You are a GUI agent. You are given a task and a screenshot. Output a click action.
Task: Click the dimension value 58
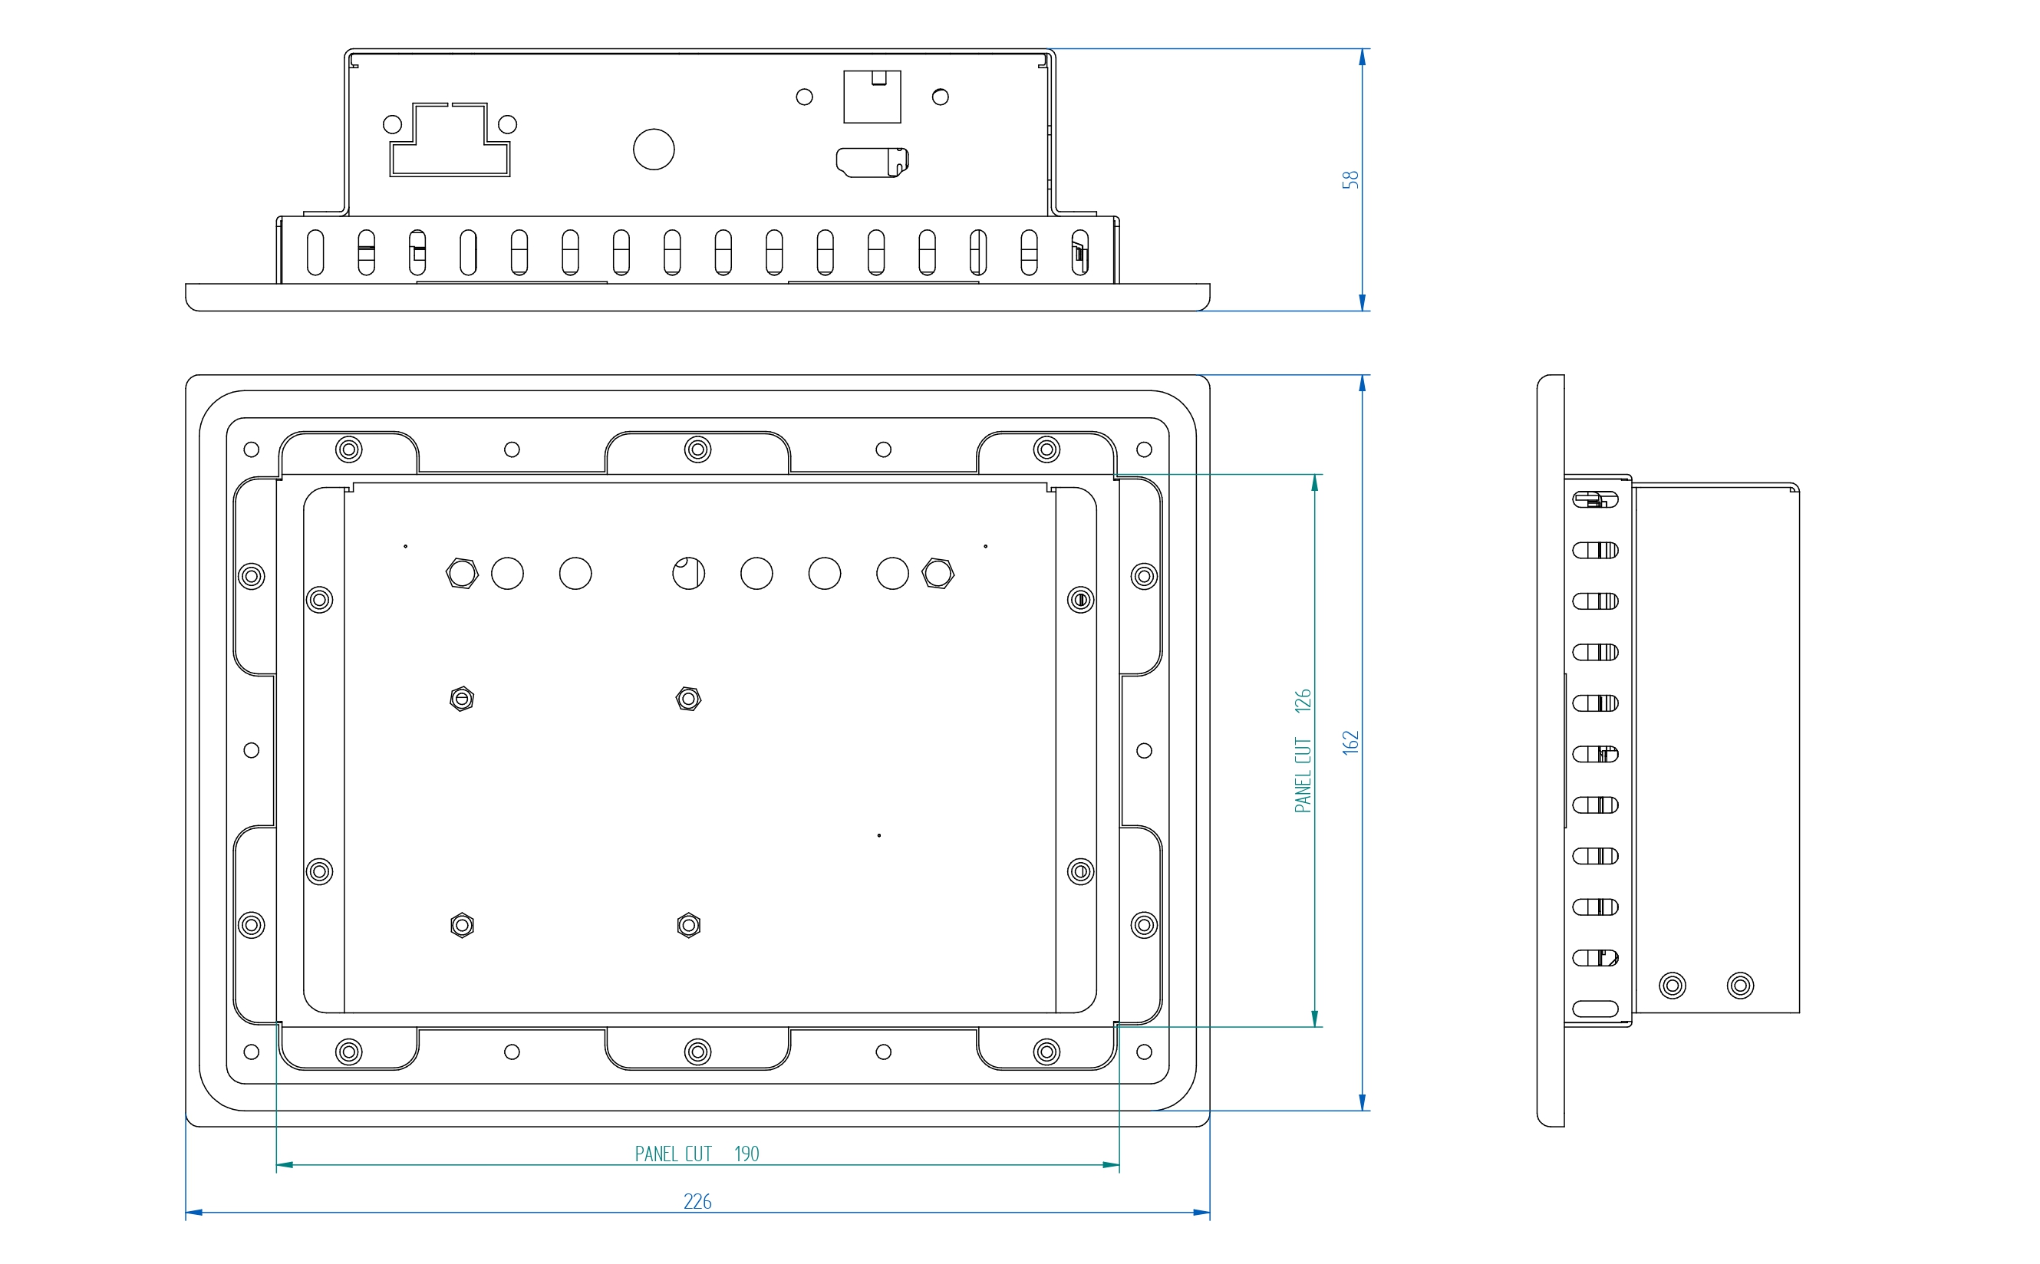1350,179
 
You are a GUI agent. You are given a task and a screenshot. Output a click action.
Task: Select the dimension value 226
697,1201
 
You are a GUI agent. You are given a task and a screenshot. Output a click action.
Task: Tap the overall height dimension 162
1350,742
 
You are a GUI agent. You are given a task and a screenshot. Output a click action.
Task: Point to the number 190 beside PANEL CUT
746,1154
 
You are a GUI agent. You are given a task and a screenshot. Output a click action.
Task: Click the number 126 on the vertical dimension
1303,700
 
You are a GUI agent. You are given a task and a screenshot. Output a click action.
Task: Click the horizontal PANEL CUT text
673,1154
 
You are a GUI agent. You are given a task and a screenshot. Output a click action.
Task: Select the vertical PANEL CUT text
1303,775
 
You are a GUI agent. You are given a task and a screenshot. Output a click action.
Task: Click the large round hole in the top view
654,150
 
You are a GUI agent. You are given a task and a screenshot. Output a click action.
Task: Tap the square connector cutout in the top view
872,97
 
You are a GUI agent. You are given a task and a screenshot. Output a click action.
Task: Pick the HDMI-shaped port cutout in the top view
872,162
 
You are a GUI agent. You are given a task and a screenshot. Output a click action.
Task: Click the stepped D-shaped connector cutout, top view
450,140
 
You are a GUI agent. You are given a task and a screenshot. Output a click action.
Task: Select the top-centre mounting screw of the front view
697,449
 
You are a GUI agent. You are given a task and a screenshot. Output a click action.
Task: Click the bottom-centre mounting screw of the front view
697,1051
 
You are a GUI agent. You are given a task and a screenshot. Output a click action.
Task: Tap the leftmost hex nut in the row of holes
462,574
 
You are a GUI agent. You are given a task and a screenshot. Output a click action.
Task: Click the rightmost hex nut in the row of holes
938,574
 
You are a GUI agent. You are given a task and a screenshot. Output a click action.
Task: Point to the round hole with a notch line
688,574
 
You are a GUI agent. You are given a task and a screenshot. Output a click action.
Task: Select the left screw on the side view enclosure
1673,986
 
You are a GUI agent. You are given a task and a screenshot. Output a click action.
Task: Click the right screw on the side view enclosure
1740,986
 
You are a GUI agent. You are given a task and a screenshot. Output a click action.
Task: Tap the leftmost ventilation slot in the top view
315,252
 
